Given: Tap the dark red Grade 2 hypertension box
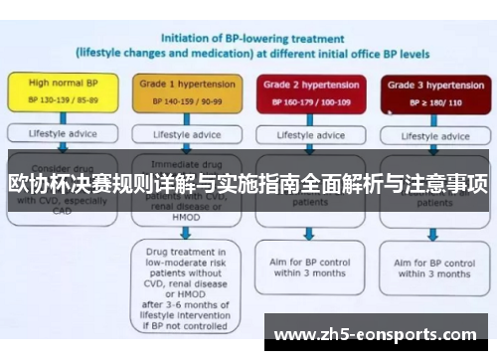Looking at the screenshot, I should pos(309,92).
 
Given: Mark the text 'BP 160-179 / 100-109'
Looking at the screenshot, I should pos(309,101).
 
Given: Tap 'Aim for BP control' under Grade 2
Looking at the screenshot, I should pos(309,268).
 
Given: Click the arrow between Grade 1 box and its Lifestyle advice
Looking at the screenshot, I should pos(185,119).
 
